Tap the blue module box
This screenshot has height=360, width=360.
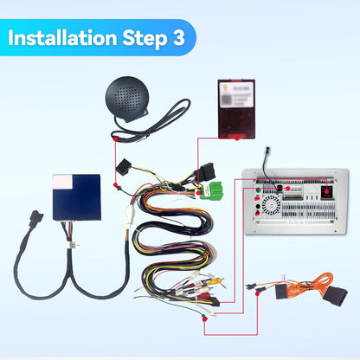coord(76,198)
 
